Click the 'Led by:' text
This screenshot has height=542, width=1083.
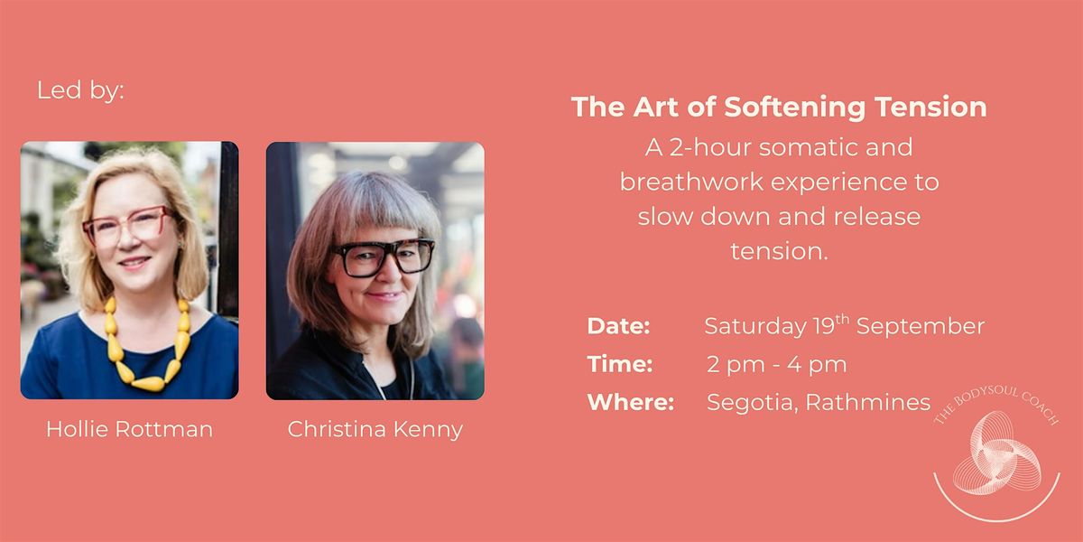tap(80, 90)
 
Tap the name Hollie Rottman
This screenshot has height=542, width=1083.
tap(130, 429)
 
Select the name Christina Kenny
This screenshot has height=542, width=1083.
tap(375, 429)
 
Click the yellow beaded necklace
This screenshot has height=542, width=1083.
tap(148, 346)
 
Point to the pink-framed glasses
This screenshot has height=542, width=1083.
tap(128, 225)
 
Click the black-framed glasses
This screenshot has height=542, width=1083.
tap(382, 257)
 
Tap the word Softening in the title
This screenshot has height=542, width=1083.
tap(795, 107)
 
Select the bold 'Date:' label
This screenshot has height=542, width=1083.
tap(618, 326)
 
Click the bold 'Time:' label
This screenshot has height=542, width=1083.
tap(620, 364)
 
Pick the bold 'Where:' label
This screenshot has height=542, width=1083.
tap(631, 402)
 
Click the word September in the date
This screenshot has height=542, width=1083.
tap(921, 327)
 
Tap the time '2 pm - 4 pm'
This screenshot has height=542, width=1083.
tap(777, 365)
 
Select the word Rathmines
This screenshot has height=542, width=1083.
tap(868, 402)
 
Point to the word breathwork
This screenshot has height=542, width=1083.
tap(692, 182)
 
